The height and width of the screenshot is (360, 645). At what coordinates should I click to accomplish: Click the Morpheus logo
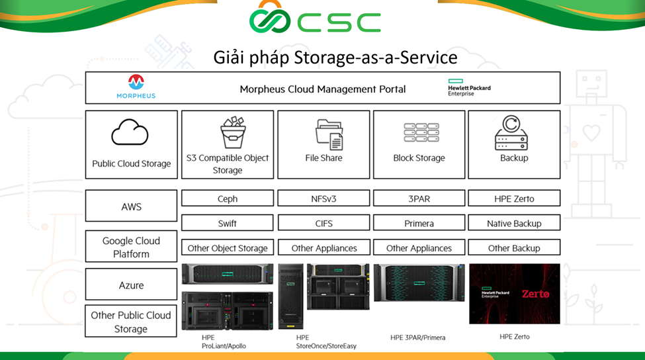136,87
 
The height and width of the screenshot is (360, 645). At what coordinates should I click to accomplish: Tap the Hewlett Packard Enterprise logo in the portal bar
469,87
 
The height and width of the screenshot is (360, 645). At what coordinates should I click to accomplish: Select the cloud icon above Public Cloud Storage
130,132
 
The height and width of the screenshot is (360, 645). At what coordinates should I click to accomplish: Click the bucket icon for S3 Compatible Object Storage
233,132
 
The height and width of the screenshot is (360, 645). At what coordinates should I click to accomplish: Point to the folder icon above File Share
329,134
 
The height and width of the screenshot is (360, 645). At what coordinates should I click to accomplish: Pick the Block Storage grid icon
421,132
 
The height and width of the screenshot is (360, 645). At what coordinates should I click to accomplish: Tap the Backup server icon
511,132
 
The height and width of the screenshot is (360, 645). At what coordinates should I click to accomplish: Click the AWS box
131,206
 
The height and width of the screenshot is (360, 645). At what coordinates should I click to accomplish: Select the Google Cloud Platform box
131,246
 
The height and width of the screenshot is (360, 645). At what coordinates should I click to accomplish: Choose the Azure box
131,285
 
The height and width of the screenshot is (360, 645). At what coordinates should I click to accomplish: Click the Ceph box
228,198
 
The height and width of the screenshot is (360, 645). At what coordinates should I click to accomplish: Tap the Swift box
228,222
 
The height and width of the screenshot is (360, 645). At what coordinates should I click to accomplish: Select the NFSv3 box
323,198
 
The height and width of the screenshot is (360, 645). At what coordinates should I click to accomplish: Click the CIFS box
323,222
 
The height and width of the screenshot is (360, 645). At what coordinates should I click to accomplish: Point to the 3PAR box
419,198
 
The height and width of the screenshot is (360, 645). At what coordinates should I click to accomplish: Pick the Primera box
419,222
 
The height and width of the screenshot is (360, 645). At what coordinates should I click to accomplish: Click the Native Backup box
514,222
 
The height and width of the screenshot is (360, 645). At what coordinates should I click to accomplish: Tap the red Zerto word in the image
536,294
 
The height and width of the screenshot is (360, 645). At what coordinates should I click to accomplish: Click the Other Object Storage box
228,247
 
